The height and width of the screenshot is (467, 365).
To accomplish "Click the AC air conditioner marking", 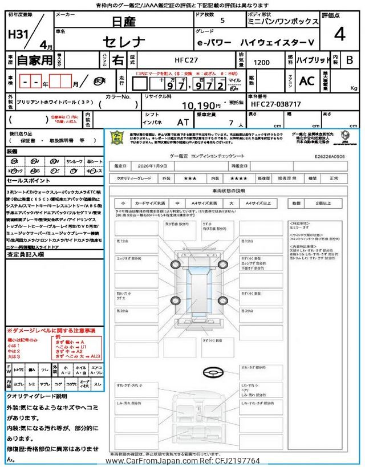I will click(x=307, y=82).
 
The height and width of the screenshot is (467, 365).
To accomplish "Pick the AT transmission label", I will click(x=182, y=122).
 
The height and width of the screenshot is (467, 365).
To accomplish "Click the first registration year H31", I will click(x=20, y=34).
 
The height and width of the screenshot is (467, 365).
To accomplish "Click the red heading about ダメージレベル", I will click(x=51, y=331).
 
